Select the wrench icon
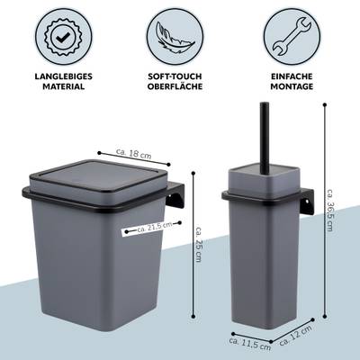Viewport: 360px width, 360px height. [x=292, y=37]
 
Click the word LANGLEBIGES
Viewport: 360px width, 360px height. [x=63, y=76]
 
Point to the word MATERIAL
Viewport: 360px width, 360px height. [x=63, y=86]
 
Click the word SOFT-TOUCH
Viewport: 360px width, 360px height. [x=175, y=76]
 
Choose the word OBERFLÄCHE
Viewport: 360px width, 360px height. [x=175, y=86]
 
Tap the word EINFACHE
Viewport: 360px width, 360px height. [x=292, y=76]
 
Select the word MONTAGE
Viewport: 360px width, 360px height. [x=292, y=86]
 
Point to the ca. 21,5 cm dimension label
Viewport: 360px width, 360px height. [x=155, y=228]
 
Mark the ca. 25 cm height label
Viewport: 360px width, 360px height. [x=198, y=244]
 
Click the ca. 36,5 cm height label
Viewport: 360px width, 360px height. [x=329, y=210]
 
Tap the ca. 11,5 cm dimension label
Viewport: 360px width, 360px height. [x=250, y=345]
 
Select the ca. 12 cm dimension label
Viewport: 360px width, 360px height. [x=295, y=335]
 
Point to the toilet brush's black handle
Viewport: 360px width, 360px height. [x=265, y=139]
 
